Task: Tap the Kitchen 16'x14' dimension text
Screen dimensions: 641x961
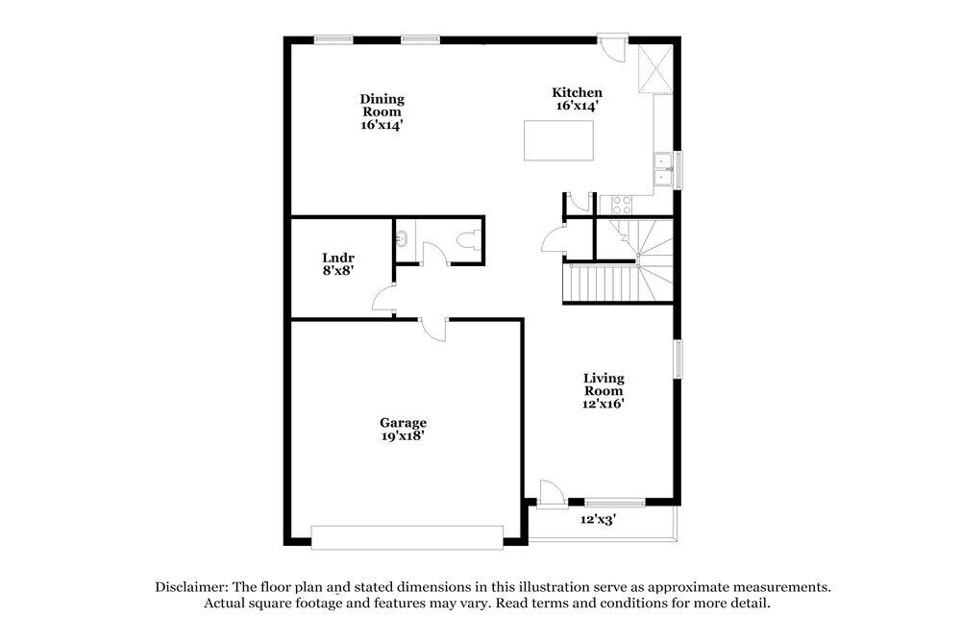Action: pos(577,106)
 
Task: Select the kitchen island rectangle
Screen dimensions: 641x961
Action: pos(557,140)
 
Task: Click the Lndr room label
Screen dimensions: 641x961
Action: pos(337,258)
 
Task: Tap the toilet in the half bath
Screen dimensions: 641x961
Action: pos(470,240)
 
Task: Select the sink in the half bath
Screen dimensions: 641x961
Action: pos(403,236)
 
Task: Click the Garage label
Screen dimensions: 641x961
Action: pos(403,422)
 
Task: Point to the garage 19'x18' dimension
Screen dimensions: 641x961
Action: pos(403,435)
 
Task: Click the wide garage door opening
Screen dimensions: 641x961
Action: pos(407,536)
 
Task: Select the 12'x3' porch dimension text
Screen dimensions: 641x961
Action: pos(598,519)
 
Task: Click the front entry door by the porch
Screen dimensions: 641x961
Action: pos(549,493)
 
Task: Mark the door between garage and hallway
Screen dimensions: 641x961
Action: pos(434,327)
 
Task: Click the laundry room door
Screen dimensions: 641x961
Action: pos(385,300)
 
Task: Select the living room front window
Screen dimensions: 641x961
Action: pos(615,502)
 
